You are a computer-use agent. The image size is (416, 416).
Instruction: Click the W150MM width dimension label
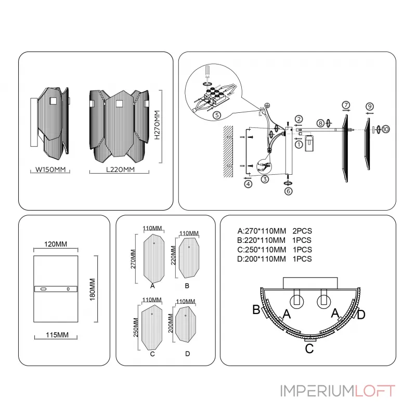[x=49, y=170]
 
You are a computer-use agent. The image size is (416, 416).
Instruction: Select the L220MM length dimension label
[x=120, y=170]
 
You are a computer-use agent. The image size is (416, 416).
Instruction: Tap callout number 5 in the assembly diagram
[x=217, y=115]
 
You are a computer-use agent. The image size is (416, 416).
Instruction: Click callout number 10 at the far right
[x=386, y=128]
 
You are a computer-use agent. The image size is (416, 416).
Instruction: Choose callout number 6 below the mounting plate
[x=289, y=191]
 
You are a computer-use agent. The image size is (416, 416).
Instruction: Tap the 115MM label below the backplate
[x=56, y=335]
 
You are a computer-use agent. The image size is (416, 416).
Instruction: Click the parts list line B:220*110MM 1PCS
[x=274, y=240]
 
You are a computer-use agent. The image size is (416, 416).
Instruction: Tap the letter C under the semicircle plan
[x=309, y=348]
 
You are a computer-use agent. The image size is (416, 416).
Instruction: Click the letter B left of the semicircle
[x=256, y=310]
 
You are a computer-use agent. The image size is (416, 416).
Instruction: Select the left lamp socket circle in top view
[x=297, y=300]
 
